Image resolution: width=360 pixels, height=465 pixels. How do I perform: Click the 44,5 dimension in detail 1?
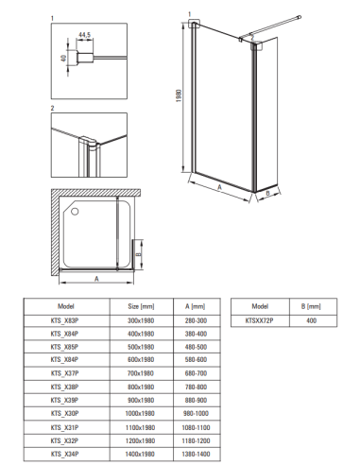point(84,35)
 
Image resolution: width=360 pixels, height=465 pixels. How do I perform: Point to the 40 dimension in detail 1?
point(63,58)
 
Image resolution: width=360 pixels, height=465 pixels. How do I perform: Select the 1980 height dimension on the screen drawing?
point(179,95)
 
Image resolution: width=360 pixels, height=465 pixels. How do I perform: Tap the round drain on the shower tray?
point(75,211)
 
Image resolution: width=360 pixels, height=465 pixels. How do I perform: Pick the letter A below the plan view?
point(96,279)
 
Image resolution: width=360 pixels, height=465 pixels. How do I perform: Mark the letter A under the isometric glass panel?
point(219,187)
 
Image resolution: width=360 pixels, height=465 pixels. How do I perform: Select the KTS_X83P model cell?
point(64,320)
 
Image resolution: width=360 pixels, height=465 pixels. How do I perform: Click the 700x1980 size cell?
point(141,373)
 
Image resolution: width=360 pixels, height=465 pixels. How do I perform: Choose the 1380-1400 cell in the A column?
point(196,454)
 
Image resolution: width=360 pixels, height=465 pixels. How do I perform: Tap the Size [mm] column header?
point(141,306)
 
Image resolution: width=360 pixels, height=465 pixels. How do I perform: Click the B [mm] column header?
point(311,306)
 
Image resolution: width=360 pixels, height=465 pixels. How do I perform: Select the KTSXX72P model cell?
point(260,320)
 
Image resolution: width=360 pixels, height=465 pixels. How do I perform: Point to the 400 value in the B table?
point(311,320)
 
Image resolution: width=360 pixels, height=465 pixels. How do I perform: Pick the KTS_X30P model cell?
point(64,413)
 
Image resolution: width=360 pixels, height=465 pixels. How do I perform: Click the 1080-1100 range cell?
point(196,427)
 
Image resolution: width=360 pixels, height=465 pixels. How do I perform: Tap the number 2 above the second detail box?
point(53,108)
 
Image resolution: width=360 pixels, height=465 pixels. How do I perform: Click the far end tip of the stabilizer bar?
point(300,17)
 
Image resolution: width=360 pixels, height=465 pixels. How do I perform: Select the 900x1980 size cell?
point(141,400)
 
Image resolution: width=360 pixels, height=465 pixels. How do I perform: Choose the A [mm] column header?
point(196,306)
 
